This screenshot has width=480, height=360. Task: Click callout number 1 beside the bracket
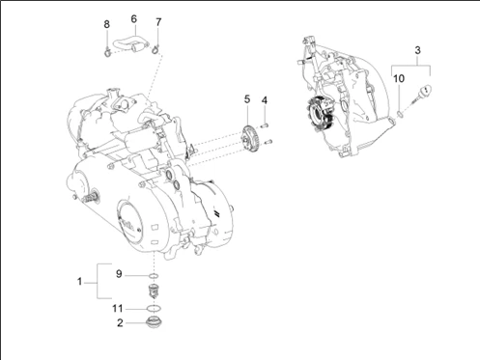click(x=79, y=282)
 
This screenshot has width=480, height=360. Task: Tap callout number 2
click(x=120, y=322)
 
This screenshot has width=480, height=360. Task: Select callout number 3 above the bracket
click(x=417, y=50)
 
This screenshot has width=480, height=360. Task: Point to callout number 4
click(x=265, y=100)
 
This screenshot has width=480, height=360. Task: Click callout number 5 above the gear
click(x=247, y=99)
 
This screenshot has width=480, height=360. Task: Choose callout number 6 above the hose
click(x=134, y=19)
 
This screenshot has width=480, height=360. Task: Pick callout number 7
click(x=158, y=22)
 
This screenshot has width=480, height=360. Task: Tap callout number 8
click(x=106, y=24)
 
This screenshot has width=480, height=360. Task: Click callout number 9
click(x=119, y=274)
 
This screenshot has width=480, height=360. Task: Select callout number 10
click(x=399, y=78)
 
